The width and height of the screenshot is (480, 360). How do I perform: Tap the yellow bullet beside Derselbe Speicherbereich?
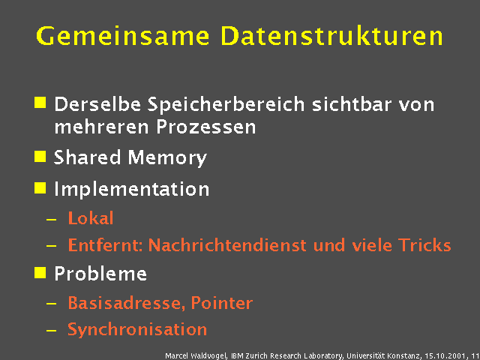click(x=40, y=101)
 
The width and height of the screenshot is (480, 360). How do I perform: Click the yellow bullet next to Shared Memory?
click(x=40, y=156)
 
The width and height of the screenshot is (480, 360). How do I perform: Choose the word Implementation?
click(x=131, y=189)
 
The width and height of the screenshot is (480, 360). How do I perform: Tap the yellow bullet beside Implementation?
click(x=40, y=187)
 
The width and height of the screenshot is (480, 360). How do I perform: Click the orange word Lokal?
click(x=90, y=219)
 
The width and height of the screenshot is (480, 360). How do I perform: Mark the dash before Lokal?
click(x=50, y=220)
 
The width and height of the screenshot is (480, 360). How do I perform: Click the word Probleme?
click(x=100, y=274)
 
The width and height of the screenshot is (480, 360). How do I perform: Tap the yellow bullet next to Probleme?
click(x=40, y=271)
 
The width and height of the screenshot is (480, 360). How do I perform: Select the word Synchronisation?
click(x=137, y=329)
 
